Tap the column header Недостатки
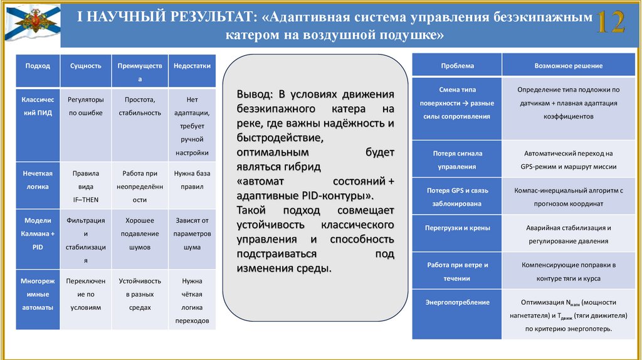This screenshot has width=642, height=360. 192,65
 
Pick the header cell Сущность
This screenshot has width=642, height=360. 86,65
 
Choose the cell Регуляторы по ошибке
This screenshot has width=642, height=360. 86,106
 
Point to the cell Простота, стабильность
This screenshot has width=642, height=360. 140,106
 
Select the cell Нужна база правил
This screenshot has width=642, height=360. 192,180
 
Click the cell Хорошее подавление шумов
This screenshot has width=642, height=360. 140,234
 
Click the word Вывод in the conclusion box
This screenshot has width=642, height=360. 254,94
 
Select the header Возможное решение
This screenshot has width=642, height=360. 568,65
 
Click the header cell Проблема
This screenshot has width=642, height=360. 457,65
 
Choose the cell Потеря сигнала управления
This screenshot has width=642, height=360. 457,160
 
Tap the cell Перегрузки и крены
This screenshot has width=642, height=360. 457,228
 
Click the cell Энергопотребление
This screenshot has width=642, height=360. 457,302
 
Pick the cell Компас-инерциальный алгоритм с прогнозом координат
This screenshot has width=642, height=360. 568,196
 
